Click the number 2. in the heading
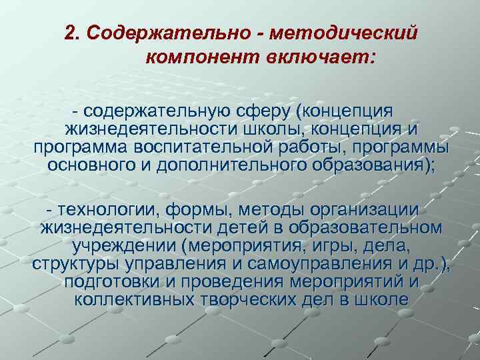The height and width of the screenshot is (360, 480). (73, 33)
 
